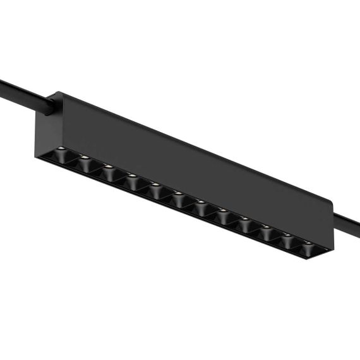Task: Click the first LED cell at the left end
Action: (x=62, y=155)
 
